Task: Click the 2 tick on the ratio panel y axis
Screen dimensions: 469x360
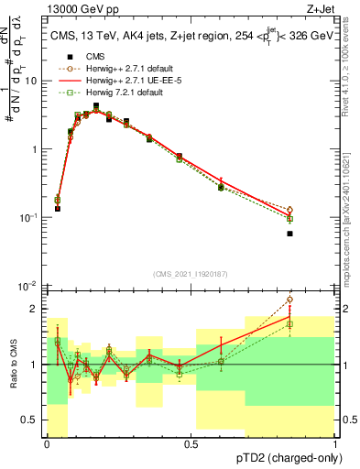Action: click(x=36, y=309)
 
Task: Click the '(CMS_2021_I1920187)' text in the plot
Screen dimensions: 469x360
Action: click(x=191, y=274)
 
